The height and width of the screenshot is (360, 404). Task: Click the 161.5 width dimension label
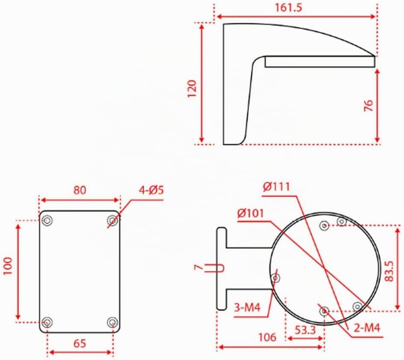point(289,8)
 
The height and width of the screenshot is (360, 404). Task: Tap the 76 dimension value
point(369,105)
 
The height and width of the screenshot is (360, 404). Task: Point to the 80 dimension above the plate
point(80,190)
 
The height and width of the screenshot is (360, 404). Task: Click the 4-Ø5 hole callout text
point(151,190)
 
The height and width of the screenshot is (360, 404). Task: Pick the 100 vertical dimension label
point(8,266)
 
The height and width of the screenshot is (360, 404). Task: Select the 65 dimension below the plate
point(80,343)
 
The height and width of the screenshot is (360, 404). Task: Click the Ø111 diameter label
point(277,187)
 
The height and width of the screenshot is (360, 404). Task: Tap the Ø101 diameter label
point(251,213)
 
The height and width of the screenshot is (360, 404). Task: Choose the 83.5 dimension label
point(390,271)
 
